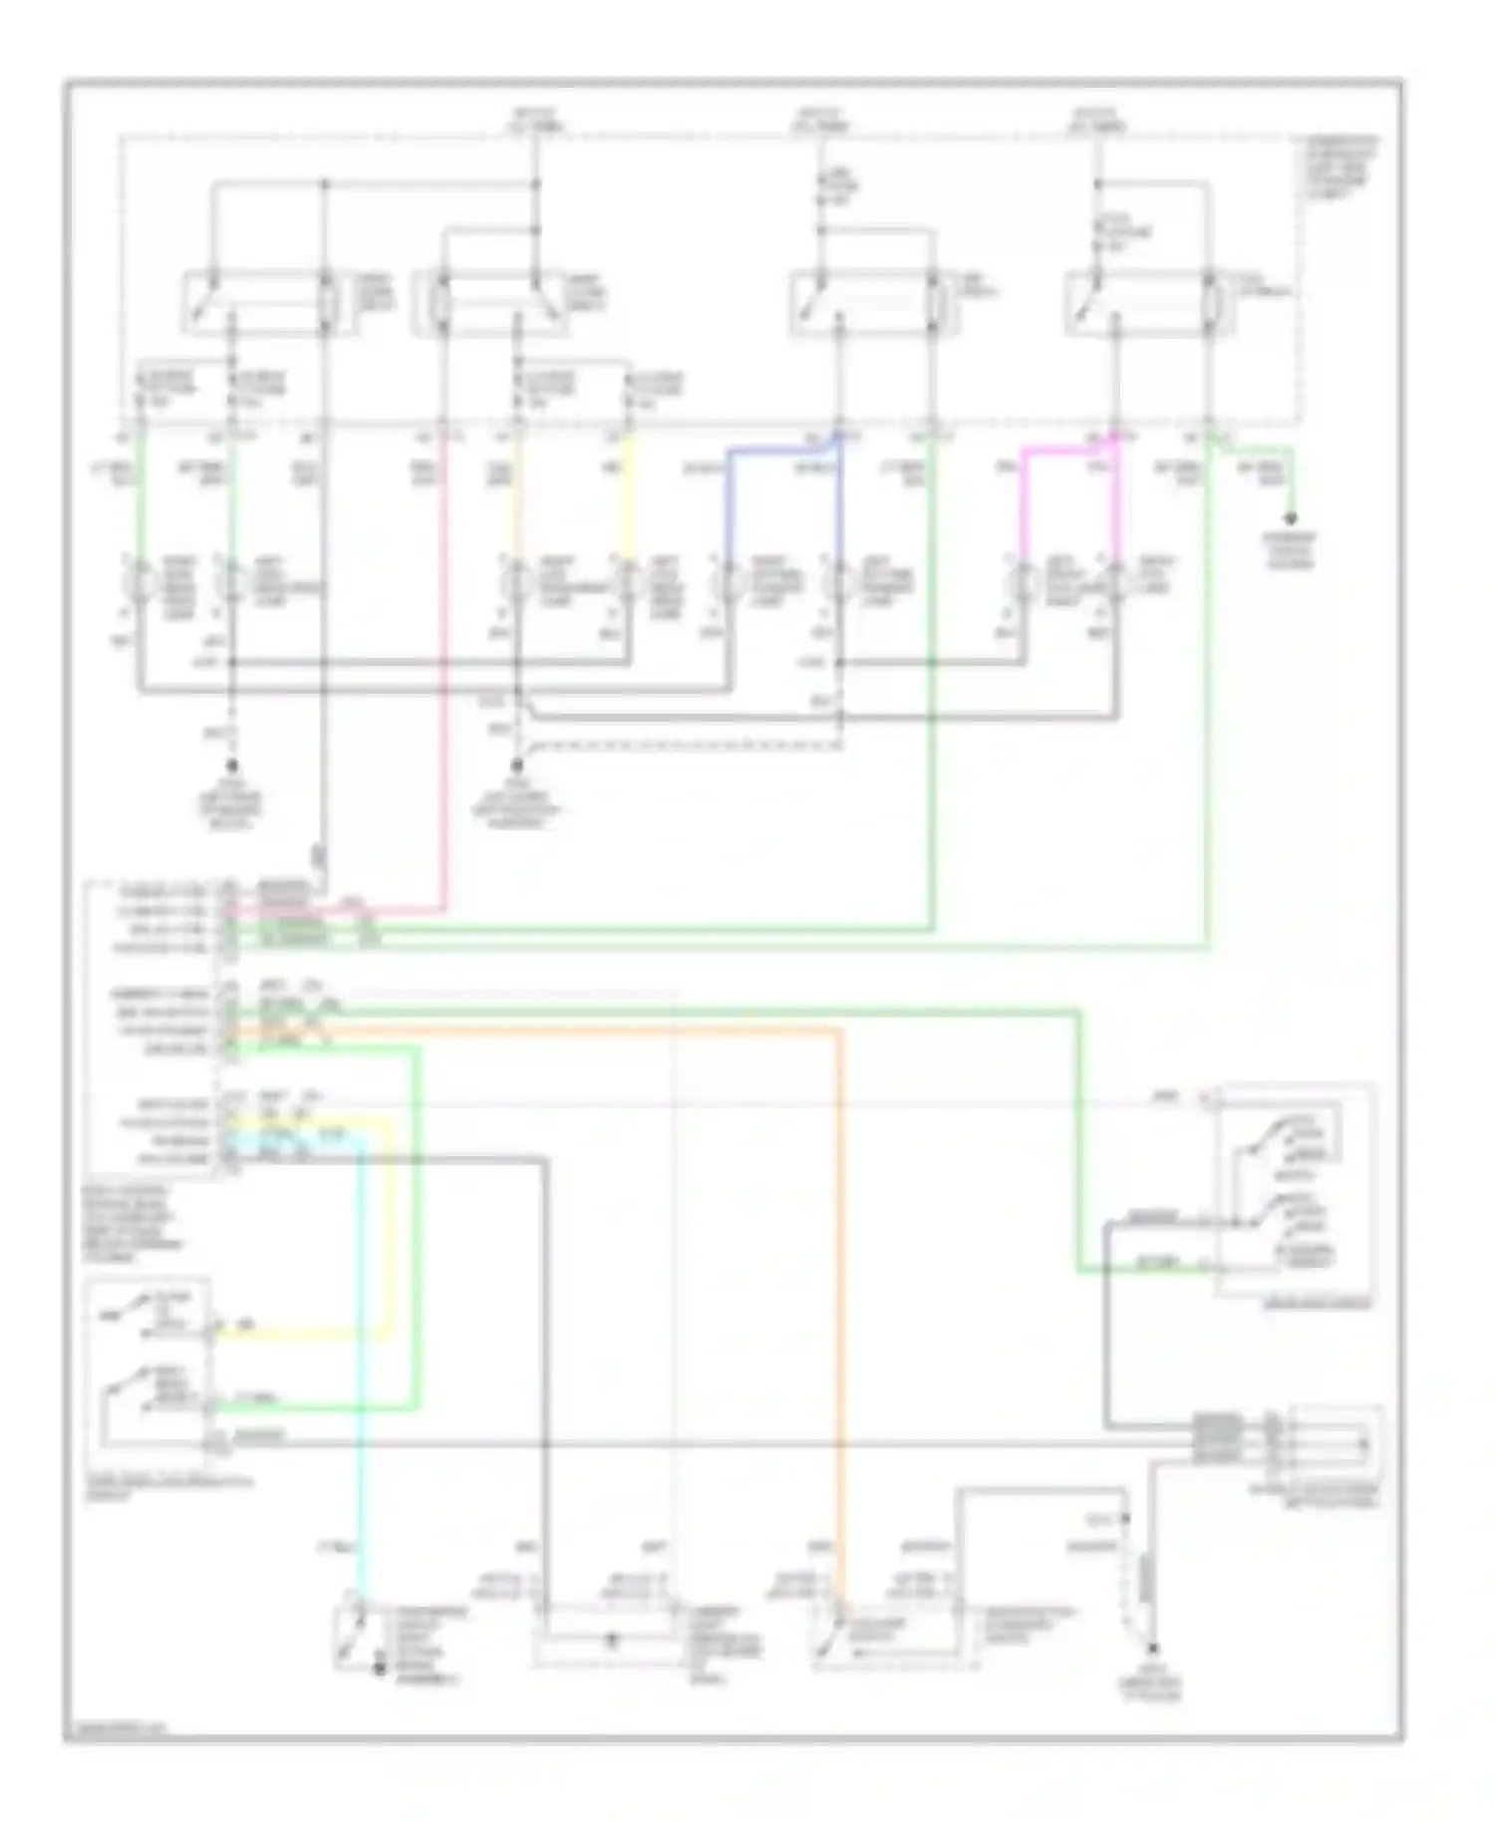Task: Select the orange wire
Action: tap(839, 1296)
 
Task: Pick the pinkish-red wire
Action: tap(443, 698)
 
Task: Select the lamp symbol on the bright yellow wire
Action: tap(628, 581)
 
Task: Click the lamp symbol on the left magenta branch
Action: tap(1022, 581)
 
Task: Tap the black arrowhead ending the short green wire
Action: tap(1292, 519)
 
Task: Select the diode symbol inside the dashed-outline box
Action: tap(611, 1638)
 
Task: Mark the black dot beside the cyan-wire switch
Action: tap(380, 1666)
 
